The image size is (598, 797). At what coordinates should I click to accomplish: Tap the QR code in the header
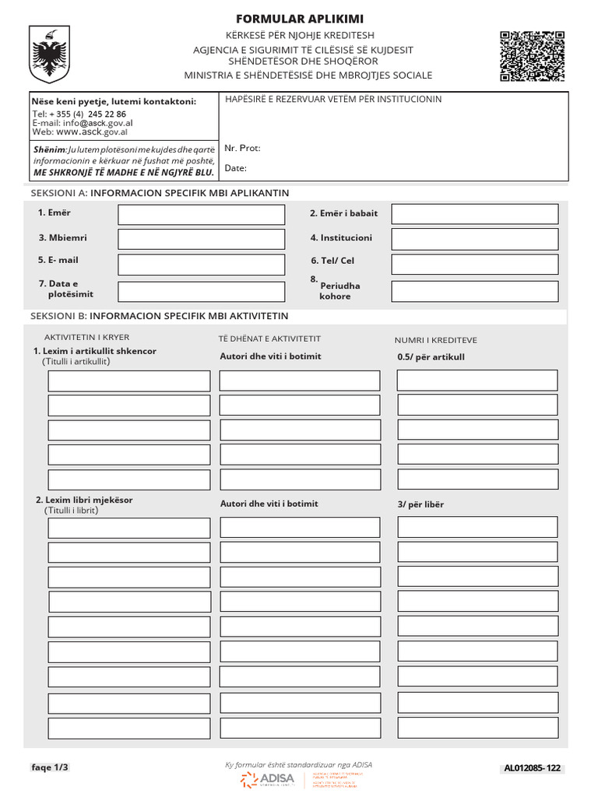coord(532,56)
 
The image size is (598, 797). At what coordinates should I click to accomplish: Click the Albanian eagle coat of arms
coord(49,54)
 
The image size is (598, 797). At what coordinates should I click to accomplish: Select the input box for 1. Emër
coord(201,214)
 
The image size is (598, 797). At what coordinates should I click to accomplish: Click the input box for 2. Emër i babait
coord(474,214)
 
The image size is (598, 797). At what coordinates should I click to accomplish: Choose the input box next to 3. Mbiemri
coord(201,239)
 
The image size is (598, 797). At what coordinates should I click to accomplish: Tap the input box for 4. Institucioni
coord(474,239)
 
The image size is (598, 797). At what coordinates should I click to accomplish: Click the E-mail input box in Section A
coord(201,265)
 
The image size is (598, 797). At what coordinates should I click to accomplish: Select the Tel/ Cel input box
coord(474,265)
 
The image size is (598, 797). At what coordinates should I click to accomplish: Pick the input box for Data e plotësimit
coord(201,292)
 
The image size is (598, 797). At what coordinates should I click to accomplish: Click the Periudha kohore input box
coord(474,292)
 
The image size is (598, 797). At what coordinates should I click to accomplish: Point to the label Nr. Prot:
coord(242,148)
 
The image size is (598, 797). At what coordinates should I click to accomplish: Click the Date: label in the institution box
coord(236,168)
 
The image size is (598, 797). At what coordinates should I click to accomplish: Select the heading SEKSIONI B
coord(159,316)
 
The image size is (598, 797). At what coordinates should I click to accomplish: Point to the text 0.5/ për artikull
coord(431,357)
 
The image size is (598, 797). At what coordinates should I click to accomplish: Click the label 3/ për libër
coord(420,504)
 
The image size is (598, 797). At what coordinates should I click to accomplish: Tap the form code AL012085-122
coord(532,769)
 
